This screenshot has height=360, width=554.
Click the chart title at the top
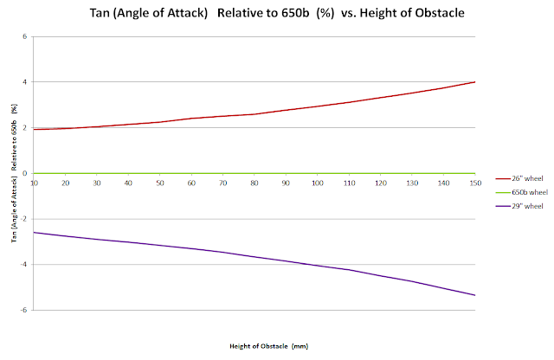point(277,13)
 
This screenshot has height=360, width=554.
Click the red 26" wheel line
point(254,113)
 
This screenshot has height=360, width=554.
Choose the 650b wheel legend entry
point(522,192)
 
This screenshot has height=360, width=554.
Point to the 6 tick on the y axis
point(25,36)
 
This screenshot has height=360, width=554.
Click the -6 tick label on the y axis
point(23,310)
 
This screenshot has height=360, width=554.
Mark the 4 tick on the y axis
point(25,82)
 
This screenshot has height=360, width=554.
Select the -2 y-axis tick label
point(23,219)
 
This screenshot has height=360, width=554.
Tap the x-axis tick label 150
point(475,183)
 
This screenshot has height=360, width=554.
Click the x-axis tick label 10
point(34,183)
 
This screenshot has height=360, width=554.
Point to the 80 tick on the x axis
point(254,183)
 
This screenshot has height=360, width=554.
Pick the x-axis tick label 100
point(318,183)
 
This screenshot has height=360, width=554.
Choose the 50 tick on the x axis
point(160,183)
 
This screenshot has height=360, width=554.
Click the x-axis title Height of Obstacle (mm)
point(269,346)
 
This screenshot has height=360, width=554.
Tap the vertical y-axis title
point(14,173)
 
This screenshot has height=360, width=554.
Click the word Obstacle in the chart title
point(440,13)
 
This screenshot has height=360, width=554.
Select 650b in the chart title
point(295,13)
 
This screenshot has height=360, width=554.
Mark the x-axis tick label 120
point(381,183)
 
